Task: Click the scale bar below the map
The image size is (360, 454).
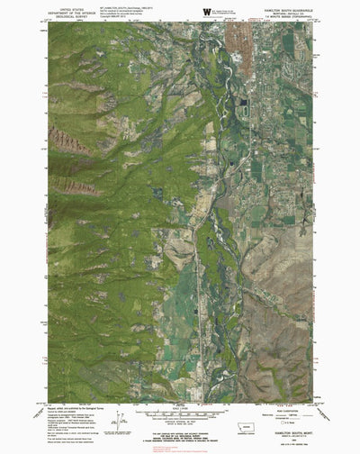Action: [180, 415]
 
